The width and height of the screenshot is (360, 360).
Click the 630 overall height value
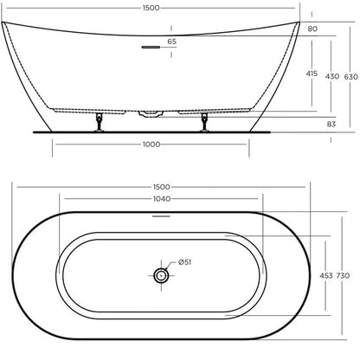click(350, 77)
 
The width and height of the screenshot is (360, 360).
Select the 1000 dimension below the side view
click(153, 145)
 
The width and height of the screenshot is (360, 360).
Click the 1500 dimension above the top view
click(161, 187)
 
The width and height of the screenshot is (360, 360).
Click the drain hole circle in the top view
click(160, 276)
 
